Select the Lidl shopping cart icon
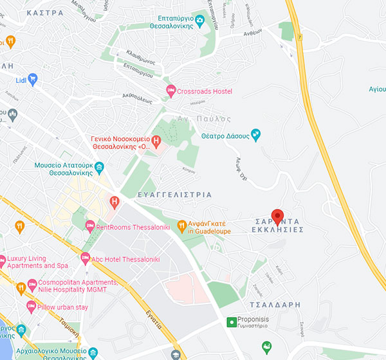click(x=32, y=78)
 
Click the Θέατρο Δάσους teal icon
click(x=256, y=134)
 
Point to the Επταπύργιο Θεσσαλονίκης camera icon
click(x=199, y=21)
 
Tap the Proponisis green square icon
click(x=232, y=321)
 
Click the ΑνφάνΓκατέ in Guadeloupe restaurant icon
click(x=181, y=226)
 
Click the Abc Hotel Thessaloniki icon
click(x=85, y=258)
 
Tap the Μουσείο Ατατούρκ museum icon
click(x=99, y=169)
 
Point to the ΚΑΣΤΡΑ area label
click(x=46, y=12)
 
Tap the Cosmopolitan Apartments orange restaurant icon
click(x=20, y=287)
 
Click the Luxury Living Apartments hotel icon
click(x=3, y=261)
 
